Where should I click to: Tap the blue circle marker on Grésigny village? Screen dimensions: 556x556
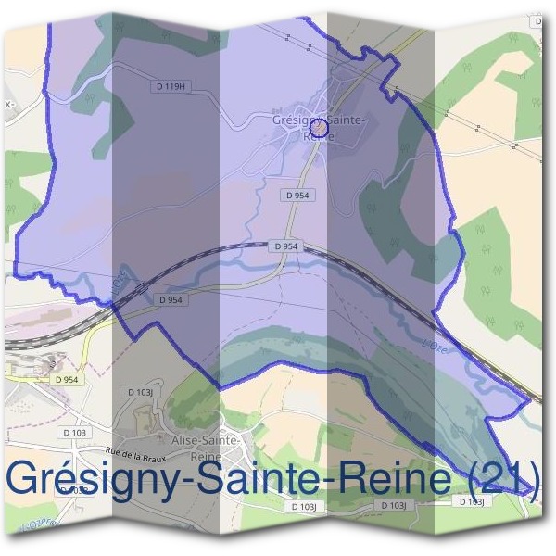click(318, 128)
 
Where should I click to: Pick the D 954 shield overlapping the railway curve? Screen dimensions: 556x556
click(285, 246)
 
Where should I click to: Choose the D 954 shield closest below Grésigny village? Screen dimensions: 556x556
click(297, 196)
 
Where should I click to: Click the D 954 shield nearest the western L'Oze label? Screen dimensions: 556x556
click(170, 300)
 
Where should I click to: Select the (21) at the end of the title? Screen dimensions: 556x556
click(499, 479)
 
